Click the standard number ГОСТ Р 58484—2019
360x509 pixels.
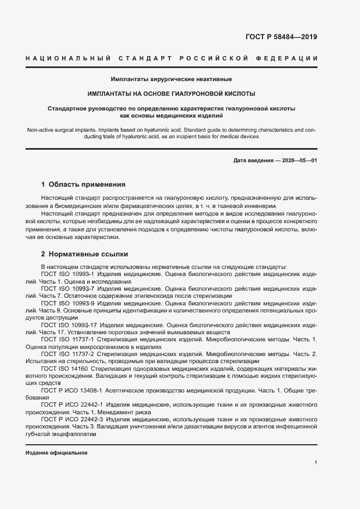click(x=282, y=37)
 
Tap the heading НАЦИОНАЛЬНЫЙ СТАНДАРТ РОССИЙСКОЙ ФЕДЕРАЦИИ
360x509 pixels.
click(x=172, y=58)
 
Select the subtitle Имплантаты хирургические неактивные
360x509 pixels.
click(x=172, y=79)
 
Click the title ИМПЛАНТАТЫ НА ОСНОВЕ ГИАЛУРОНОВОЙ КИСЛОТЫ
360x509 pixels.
click(x=172, y=94)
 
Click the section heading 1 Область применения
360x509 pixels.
click(x=83, y=185)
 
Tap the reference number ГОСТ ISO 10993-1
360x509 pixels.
click(x=68, y=274)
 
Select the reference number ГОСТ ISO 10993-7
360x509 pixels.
click(x=68, y=289)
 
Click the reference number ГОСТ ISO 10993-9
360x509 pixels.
click(x=68, y=303)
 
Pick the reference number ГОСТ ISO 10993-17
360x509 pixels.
click(x=69, y=324)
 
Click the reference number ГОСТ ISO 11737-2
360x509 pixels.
click(x=68, y=353)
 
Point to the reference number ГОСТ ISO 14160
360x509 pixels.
click(x=63, y=368)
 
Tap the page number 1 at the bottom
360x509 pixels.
click(x=315, y=462)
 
